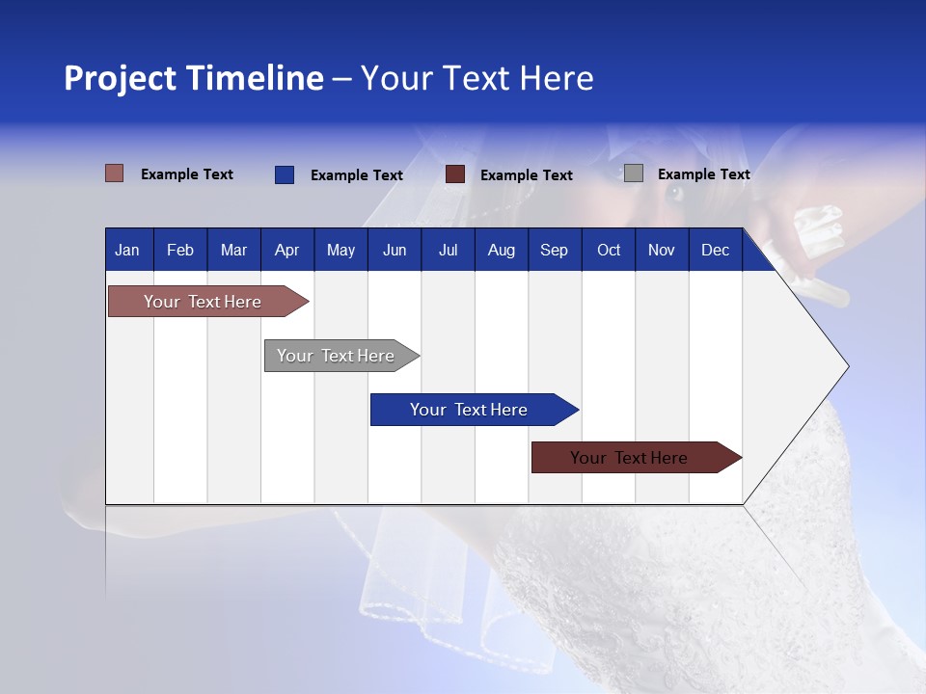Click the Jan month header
127,251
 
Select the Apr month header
286,251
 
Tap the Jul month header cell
448,251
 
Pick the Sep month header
554,251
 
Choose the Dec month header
715,251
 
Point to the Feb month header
180,251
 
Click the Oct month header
609,251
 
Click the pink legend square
115,173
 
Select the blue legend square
285,174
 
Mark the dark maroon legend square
455,174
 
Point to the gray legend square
634,173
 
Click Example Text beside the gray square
703,174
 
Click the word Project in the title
120,78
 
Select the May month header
340,251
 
